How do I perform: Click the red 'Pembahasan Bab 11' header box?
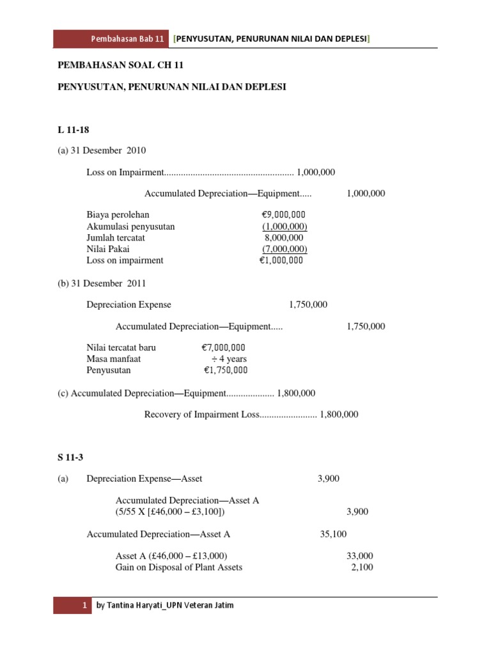coord(111,39)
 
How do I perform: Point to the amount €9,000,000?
coord(279,215)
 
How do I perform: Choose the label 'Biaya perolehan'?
coord(118,215)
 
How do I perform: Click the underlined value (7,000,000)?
coord(284,249)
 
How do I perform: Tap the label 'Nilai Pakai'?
coord(108,249)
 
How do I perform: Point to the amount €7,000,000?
coord(223,347)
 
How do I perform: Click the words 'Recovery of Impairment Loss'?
coord(201,414)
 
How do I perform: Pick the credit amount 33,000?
coord(360,556)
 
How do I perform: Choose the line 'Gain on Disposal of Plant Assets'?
coord(179,567)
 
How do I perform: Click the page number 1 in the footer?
coord(84,605)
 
